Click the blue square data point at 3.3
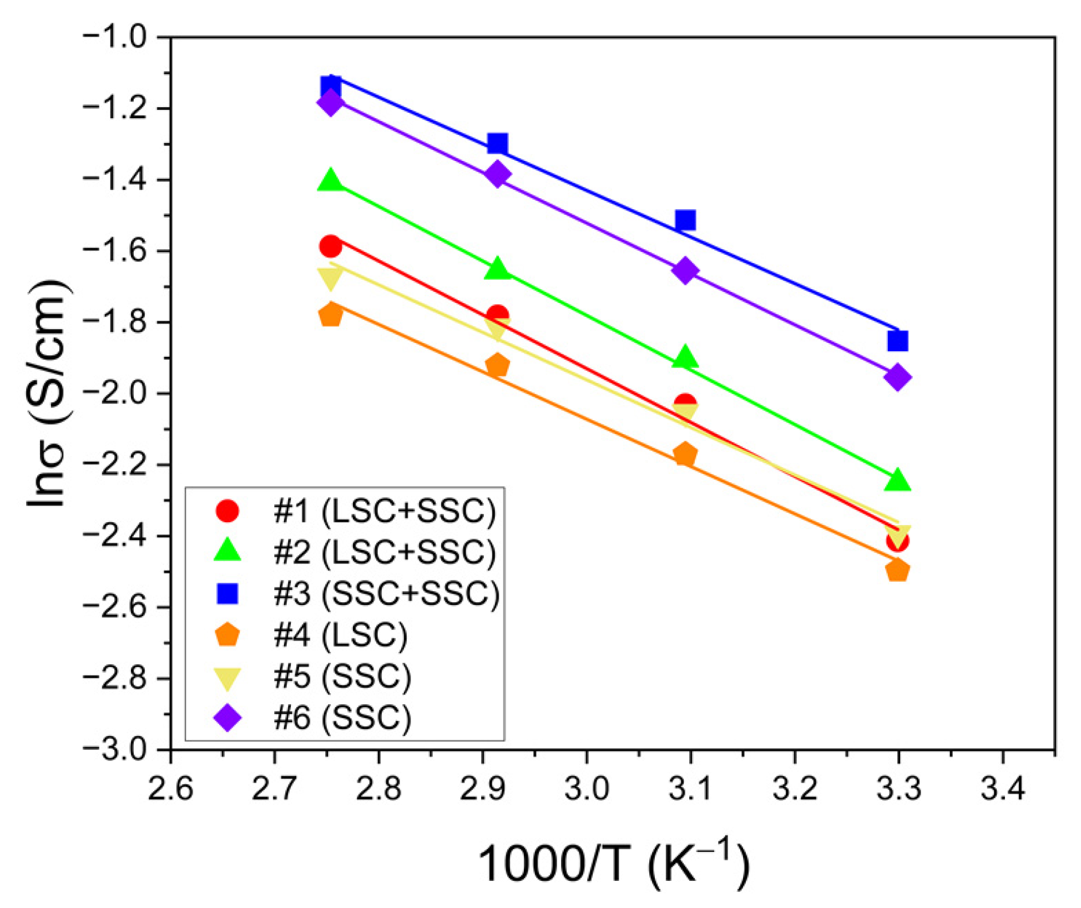tap(897, 340)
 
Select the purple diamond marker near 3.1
tap(685, 270)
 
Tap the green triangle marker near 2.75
tap(331, 180)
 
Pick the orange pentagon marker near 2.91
tap(497, 366)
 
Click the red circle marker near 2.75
tap(331, 246)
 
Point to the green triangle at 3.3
tap(897, 480)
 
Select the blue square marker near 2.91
tap(497, 143)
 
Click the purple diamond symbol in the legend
tap(228, 718)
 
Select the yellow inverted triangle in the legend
tap(228, 678)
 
